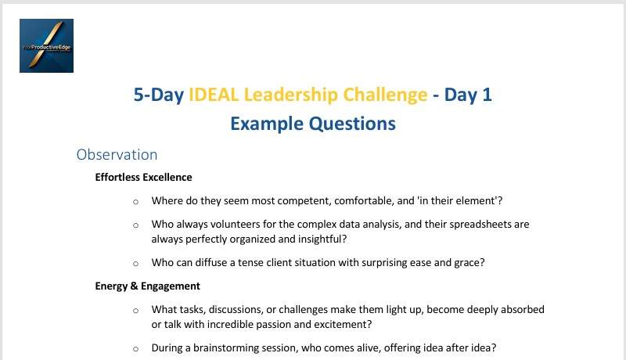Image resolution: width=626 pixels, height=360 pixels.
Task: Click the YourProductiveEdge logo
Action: pos(46,45)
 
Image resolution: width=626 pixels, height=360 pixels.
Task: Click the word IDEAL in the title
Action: pos(214,95)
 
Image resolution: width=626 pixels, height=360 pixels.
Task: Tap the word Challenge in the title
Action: pos(385,95)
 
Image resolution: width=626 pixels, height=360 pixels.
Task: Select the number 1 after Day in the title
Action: pos(487,95)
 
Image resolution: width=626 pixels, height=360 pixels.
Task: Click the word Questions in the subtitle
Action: pos(353,124)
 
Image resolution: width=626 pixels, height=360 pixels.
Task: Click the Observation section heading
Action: pos(117,154)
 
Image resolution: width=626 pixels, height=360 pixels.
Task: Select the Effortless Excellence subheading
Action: pos(143,177)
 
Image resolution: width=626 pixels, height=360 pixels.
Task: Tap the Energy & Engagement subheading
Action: pos(147,286)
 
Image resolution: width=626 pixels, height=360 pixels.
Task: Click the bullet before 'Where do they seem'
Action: pos(135,202)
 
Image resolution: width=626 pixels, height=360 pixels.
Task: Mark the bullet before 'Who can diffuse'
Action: pos(135,264)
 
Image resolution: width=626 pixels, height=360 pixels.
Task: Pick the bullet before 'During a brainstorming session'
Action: pos(135,349)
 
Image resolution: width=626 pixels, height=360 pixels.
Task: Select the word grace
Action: pos(469,263)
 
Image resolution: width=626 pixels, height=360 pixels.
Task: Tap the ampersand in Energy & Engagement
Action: pos(134,286)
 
